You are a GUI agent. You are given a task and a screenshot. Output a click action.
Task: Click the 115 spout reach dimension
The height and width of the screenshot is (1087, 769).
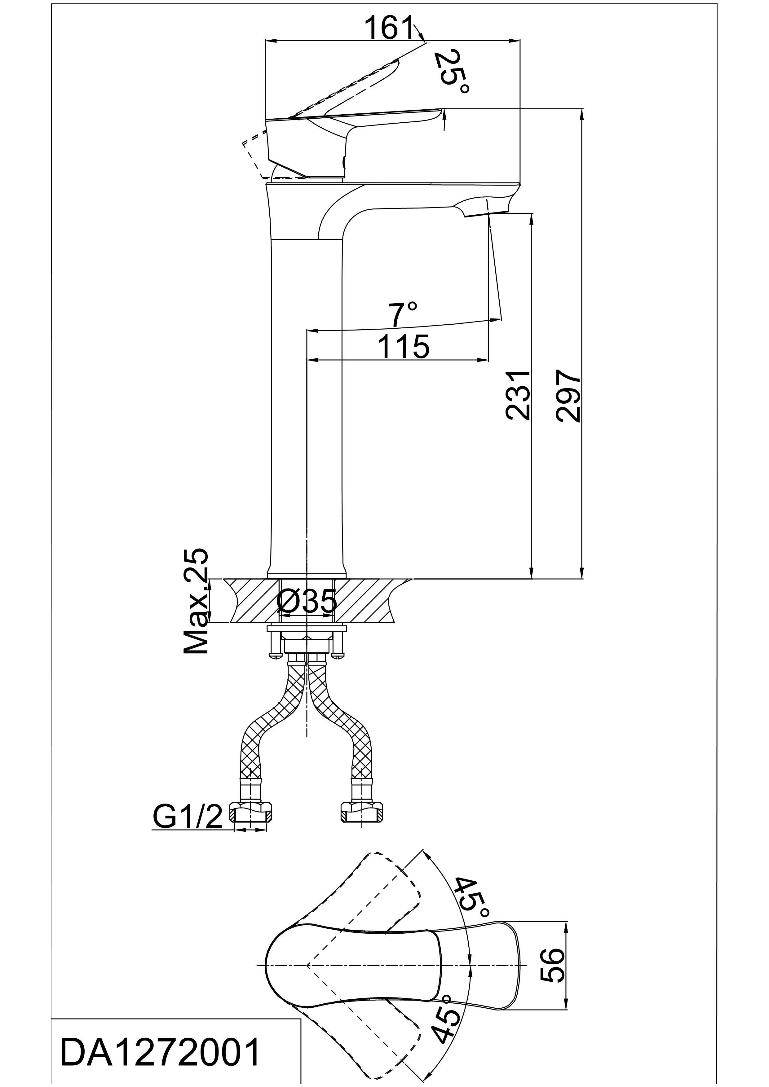tap(403, 347)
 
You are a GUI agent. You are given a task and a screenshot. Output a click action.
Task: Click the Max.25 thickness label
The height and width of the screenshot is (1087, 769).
tap(196, 601)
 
